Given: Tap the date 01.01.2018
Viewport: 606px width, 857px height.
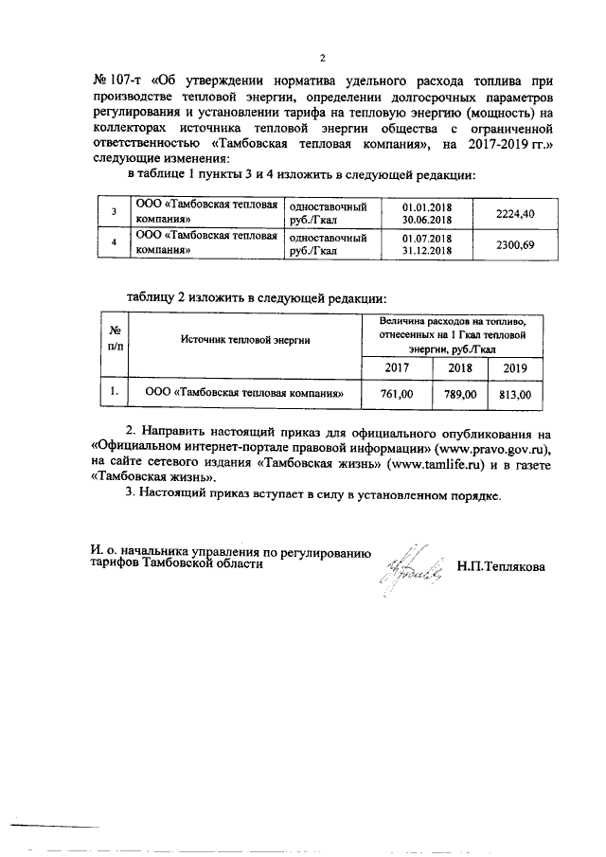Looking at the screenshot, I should tap(428, 207).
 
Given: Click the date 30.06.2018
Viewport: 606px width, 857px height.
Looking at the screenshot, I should tap(428, 221).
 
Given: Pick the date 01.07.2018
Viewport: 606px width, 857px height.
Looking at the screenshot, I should tap(428, 239).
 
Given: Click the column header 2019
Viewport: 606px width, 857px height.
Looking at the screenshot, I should tap(515, 368).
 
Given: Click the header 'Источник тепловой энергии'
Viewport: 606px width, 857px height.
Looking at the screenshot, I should tap(245, 338).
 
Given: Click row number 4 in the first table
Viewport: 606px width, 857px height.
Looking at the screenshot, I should tap(114, 244).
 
